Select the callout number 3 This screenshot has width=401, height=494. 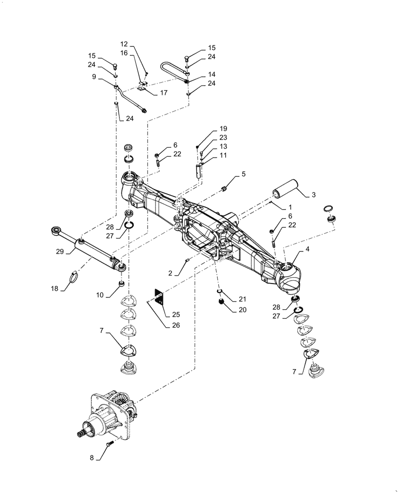[314, 196]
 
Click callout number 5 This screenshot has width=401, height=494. [243, 174]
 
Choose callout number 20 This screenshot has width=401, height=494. [242, 311]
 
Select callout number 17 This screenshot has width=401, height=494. [163, 92]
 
